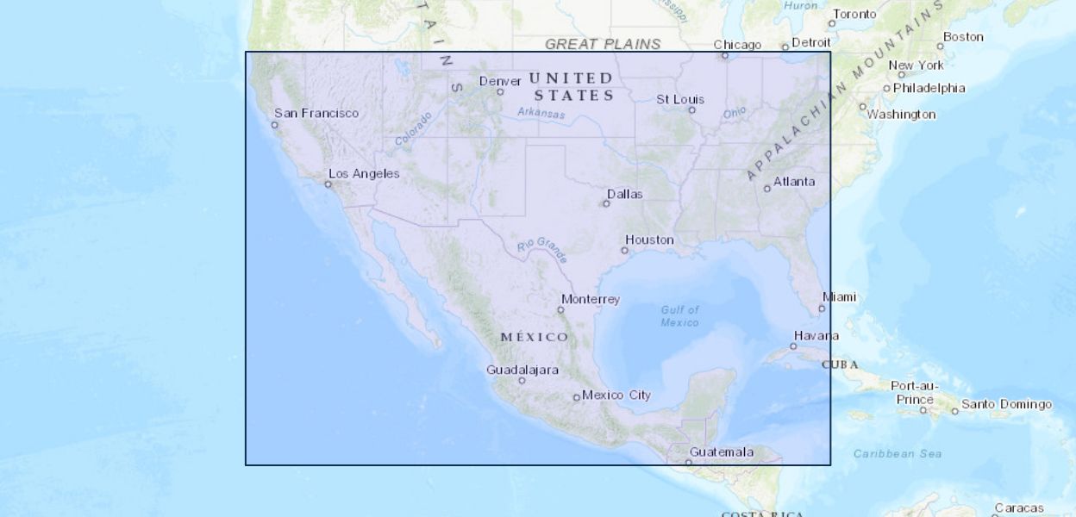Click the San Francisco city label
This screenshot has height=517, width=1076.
click(316, 113)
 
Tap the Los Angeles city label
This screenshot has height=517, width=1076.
click(364, 173)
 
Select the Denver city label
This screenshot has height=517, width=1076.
click(500, 81)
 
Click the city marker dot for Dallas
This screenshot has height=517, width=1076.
click(606, 203)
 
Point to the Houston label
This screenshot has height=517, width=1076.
click(649, 240)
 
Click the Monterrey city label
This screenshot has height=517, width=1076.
click(590, 299)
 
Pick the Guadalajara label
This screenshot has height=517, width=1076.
click(522, 370)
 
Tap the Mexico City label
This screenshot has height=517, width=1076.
click(616, 395)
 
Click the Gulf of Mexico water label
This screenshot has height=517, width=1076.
click(680, 316)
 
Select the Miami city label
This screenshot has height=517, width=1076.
click(839, 296)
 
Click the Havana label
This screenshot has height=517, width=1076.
click(816, 335)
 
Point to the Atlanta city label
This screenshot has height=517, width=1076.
click(793, 181)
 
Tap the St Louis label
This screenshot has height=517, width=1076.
click(680, 99)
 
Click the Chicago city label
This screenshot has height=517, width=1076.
click(737, 45)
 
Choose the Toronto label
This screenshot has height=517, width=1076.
click(854, 14)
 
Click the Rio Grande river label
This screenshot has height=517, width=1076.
click(543, 248)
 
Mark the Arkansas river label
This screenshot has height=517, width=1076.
click(541, 113)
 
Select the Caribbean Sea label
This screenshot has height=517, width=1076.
click(898, 453)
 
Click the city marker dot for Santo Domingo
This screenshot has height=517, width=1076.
click(954, 411)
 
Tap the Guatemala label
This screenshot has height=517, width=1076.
click(722, 452)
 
